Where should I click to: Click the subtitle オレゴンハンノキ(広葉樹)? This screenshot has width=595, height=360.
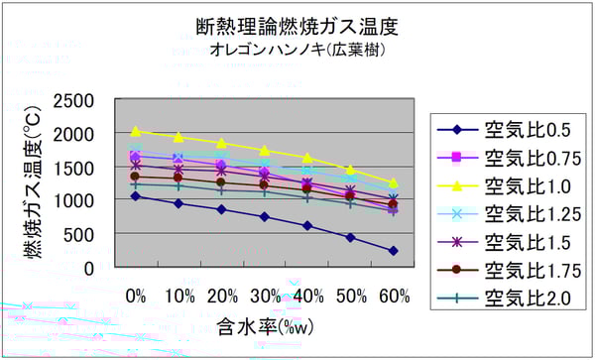coord(297,48)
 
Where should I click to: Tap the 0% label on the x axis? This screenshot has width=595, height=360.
coord(136,296)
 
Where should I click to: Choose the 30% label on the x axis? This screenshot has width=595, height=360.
coord(264,296)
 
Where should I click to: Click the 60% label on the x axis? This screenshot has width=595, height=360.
coord(393,296)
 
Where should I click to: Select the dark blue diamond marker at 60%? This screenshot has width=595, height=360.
coord(393,251)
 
